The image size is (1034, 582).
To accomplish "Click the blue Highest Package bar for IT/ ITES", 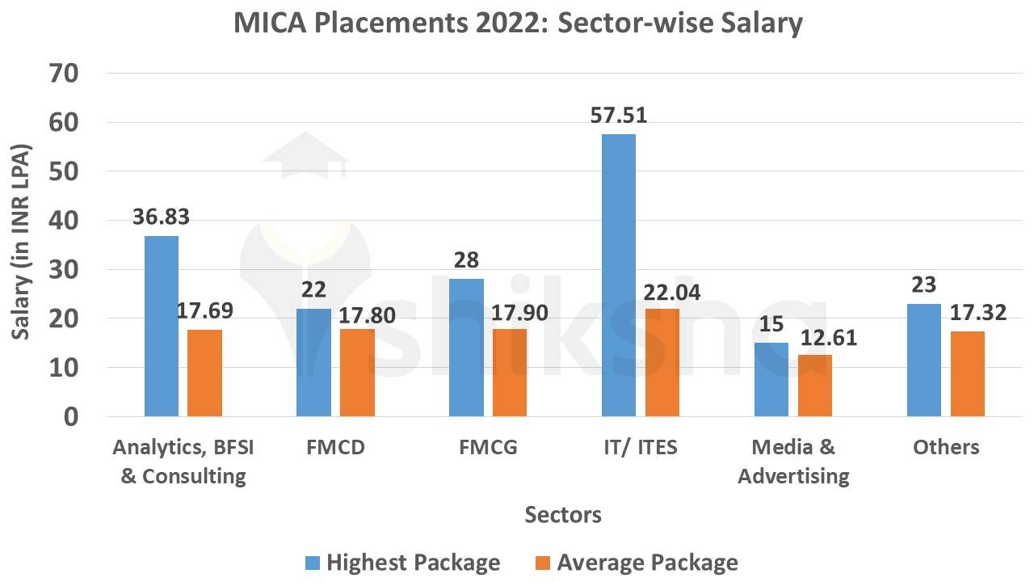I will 618,275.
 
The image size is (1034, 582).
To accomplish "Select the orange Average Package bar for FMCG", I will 509,373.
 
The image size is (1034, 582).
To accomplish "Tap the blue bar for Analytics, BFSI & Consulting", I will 161,326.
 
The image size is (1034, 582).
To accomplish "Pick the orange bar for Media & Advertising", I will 814,386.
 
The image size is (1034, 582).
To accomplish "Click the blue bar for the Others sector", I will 923,360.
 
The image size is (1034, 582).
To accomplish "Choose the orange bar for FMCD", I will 356,373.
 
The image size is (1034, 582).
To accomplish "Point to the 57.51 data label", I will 618,116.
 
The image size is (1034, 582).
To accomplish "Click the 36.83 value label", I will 161,217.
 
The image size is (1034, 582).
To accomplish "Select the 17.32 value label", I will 978,312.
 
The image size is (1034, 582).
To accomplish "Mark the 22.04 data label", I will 672,291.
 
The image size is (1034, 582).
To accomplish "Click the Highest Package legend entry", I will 402,563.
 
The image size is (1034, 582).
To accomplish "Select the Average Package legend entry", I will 637,563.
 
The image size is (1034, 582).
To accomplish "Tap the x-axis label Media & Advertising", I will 793,462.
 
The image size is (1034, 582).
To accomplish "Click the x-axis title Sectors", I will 563,515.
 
